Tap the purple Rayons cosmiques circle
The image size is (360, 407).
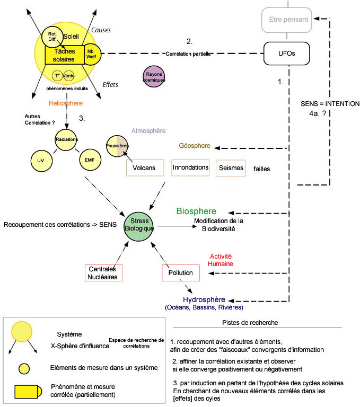point(154,77)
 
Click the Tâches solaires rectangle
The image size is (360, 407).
point(64,55)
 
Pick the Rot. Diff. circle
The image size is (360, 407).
point(52,35)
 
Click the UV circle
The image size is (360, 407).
point(41,159)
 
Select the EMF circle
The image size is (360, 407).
point(89,159)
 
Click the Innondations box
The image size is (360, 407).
point(191,167)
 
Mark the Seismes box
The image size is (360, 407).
point(231,168)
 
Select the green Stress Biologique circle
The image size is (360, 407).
point(139,224)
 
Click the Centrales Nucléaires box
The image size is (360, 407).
point(103,272)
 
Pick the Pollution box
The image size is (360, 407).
point(181,272)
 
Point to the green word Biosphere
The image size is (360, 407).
point(196,211)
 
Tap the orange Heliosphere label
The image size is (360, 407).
point(66,104)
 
